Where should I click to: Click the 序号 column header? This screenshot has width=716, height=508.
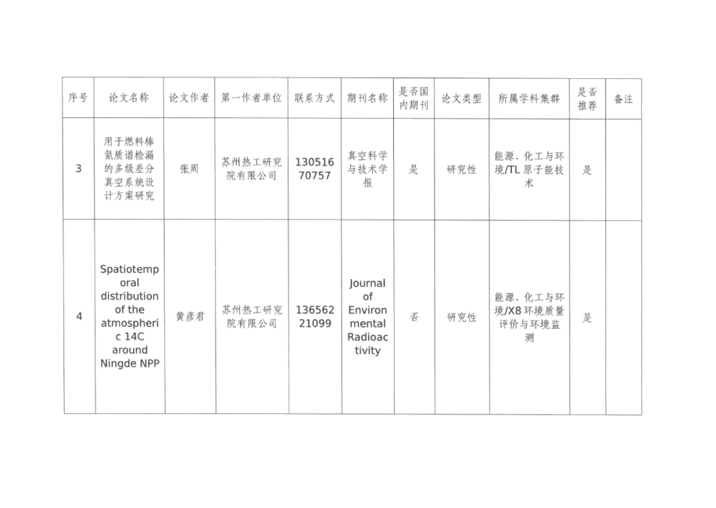pos(78,97)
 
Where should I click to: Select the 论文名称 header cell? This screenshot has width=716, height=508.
pos(129,97)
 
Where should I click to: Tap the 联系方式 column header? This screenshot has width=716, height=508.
pos(315,97)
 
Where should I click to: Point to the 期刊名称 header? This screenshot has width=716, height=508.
pos(368,97)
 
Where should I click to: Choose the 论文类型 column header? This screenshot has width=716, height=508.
pos(461,97)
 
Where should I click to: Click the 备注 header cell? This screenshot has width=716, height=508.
pos(625,97)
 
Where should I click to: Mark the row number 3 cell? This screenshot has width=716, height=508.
pos(79,168)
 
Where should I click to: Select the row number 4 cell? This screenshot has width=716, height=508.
pos(79,317)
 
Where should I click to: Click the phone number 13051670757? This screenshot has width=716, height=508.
pos(315,168)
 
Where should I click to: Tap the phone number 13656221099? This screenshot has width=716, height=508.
pos(315,317)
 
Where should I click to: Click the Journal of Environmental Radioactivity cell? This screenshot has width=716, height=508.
pos(368,317)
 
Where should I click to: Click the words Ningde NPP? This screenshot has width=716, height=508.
pos(129,363)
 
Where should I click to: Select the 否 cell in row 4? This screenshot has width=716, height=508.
pos(414,317)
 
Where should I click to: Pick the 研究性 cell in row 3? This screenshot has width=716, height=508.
pos(461,169)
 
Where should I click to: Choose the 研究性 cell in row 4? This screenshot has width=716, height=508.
pos(461,318)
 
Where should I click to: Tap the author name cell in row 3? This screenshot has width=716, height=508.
pos(189,169)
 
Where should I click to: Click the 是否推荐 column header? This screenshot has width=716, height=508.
pos(587,97)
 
